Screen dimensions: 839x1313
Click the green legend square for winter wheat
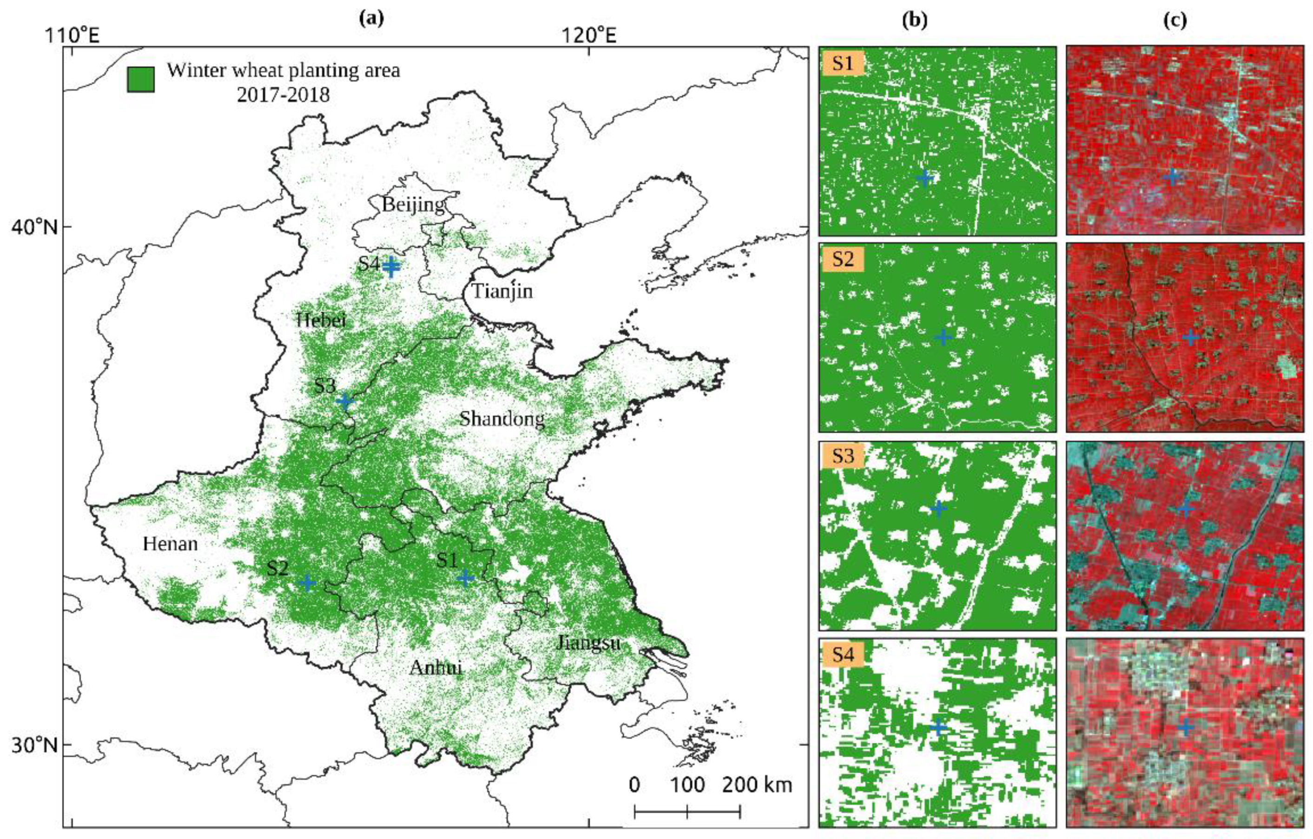pyautogui.click(x=140, y=79)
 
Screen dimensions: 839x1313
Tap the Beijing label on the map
pyautogui.click(x=413, y=205)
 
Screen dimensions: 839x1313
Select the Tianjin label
pyautogui.click(x=501, y=291)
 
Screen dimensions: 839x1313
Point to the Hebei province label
pyautogui.click(x=321, y=320)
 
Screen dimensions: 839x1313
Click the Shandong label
pyautogui.click(x=501, y=419)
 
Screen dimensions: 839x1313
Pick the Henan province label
pyautogui.click(x=170, y=543)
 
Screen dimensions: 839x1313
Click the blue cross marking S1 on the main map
pyautogui.click(x=465, y=578)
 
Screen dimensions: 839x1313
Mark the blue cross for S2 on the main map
pyautogui.click(x=308, y=583)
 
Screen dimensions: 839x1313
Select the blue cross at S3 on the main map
pyautogui.click(x=344, y=401)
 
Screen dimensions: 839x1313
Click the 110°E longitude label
pyautogui.click(x=72, y=36)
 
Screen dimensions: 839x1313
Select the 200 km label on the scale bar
pyautogui.click(x=756, y=785)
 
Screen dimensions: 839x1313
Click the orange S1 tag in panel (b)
pyautogui.click(x=843, y=63)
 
